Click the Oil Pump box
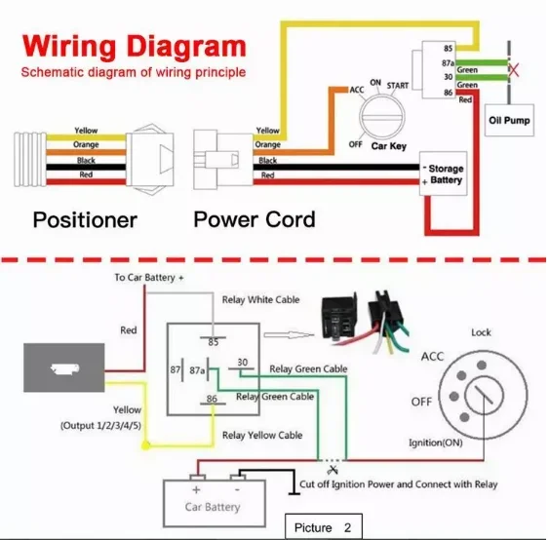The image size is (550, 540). (x=509, y=120)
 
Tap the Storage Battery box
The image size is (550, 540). (x=444, y=174)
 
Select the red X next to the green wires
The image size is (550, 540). (x=514, y=70)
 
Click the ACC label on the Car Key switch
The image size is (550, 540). (x=357, y=90)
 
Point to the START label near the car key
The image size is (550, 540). (x=398, y=86)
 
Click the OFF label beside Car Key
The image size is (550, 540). (x=355, y=144)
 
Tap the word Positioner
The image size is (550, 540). (x=85, y=220)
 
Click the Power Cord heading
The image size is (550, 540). (x=255, y=219)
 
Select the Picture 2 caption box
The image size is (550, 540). (x=324, y=526)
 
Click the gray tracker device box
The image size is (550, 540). (x=63, y=367)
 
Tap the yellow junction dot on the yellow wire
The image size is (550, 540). (x=146, y=445)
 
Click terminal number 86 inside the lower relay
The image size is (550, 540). (x=212, y=399)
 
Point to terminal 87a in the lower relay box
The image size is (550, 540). (x=197, y=370)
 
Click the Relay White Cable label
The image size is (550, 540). (x=260, y=300)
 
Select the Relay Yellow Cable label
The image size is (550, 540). (x=262, y=435)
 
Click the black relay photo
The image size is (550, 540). (x=339, y=318)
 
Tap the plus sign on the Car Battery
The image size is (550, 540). (x=196, y=490)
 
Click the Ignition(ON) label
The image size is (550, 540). (x=435, y=443)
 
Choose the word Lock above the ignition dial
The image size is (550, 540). (x=481, y=332)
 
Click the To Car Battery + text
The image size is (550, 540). (x=149, y=278)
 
